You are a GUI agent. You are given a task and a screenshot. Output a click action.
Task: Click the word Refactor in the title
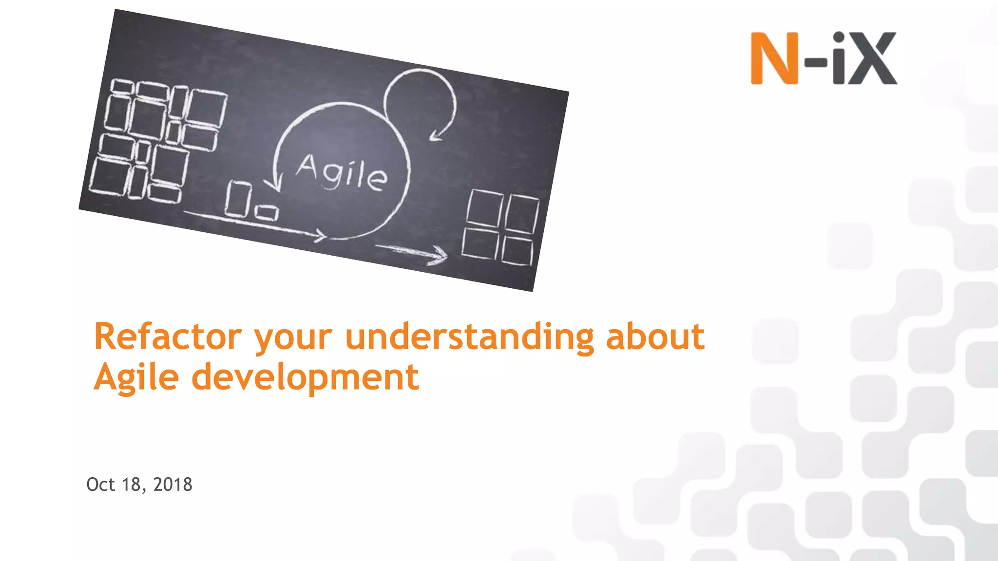click(168, 337)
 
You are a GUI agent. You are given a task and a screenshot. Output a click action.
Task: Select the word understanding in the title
click(469, 337)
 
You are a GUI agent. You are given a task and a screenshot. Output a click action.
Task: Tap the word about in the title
click(655, 337)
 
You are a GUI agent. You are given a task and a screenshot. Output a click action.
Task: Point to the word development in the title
click(305, 377)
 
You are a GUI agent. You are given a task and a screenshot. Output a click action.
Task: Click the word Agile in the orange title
click(136, 377)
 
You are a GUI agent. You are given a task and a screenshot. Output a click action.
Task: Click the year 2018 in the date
click(173, 485)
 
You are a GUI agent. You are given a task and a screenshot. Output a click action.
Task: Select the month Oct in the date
click(100, 485)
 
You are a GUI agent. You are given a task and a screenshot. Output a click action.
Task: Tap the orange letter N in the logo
click(774, 58)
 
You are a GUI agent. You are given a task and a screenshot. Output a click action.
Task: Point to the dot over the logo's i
click(839, 37)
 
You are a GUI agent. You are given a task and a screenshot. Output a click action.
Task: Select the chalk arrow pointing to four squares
click(414, 252)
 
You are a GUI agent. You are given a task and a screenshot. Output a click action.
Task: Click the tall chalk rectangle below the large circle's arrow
click(238, 199)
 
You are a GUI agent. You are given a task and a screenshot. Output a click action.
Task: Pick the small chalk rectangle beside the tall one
click(267, 212)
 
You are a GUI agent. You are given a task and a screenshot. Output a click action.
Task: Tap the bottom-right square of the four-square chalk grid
click(517, 251)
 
